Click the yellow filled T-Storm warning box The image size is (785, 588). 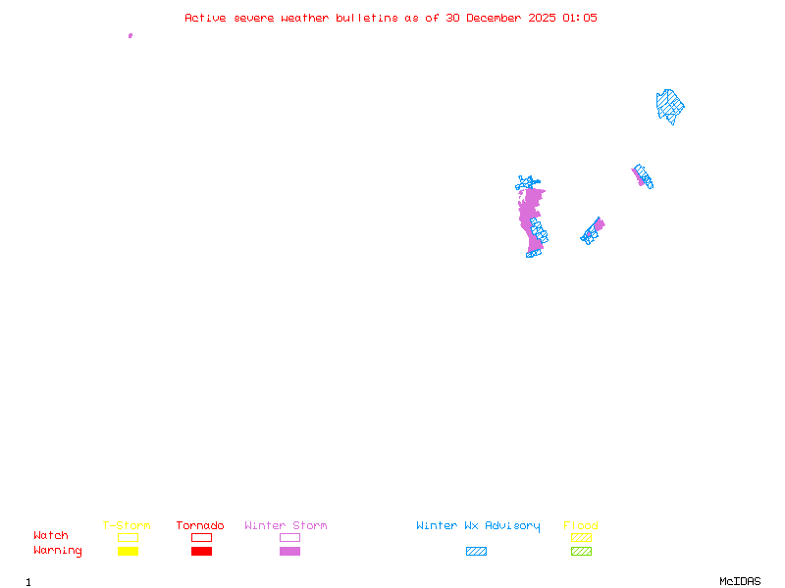[x=128, y=552]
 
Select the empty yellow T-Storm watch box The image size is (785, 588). [x=128, y=537]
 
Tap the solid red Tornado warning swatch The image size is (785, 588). [x=201, y=552]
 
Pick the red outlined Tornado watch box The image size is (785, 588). [x=201, y=537]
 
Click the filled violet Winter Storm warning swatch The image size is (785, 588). [x=289, y=552]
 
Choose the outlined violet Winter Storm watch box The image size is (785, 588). [x=289, y=537]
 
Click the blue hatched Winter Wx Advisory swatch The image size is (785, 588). [x=476, y=552]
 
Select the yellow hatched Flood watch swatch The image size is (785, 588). [x=581, y=537]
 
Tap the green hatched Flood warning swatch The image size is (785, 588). [x=581, y=552]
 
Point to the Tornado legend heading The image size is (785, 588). [x=200, y=526]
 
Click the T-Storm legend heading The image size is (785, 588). [x=127, y=526]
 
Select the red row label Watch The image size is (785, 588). [x=51, y=536]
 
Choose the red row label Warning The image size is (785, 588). [x=58, y=551]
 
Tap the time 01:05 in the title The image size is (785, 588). [x=579, y=18]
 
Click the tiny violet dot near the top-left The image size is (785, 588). [x=131, y=35]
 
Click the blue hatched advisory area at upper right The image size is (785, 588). [x=669, y=105]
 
